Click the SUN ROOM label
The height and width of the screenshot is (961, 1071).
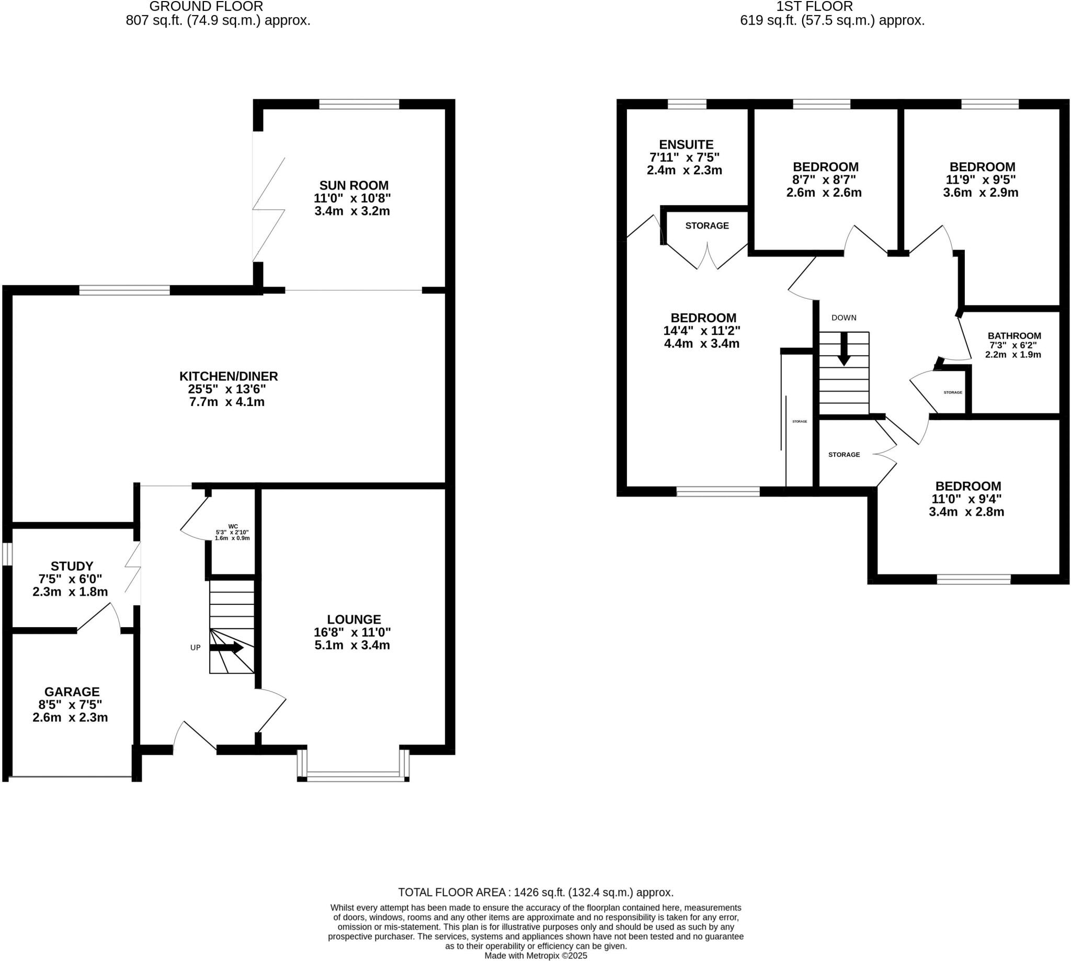click(354, 185)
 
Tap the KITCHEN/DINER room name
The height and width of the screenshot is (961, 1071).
click(229, 376)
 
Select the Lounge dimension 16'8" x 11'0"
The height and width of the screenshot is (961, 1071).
click(352, 632)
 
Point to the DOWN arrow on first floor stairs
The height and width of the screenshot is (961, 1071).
click(844, 348)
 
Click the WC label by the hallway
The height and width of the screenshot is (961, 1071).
click(233, 526)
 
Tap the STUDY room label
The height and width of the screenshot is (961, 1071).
click(72, 566)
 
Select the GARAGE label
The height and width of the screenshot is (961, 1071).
click(72, 692)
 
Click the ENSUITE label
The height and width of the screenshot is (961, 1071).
click(686, 144)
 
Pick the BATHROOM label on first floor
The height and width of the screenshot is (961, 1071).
click(1014, 336)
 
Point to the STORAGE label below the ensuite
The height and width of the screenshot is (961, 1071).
click(707, 225)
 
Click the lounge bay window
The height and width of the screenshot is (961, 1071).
click(353, 775)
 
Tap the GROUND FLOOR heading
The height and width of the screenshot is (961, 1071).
click(206, 7)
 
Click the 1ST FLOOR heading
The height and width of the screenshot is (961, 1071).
click(814, 7)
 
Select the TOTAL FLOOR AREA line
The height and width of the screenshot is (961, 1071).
click(535, 892)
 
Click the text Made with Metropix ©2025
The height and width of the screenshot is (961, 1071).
click(535, 956)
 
